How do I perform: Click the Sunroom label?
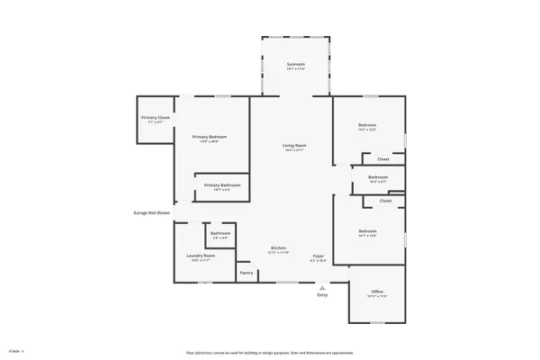click(x=295, y=65)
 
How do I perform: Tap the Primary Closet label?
click(x=155, y=118)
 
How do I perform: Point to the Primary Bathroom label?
click(x=222, y=185)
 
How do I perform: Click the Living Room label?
click(x=295, y=146)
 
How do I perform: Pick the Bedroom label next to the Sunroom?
click(x=366, y=125)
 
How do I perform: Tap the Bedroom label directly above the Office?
click(x=366, y=233)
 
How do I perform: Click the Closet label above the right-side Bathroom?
click(x=383, y=159)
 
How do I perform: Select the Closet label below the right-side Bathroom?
click(x=385, y=201)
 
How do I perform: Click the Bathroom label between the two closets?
click(x=377, y=177)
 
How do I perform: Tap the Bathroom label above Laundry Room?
click(x=220, y=234)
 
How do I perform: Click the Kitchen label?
click(x=279, y=248)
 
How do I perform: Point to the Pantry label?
click(x=246, y=273)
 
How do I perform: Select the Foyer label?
click(x=319, y=256)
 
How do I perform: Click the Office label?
click(x=378, y=292)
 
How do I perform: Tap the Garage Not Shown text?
click(x=146, y=213)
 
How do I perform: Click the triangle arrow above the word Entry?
click(x=321, y=286)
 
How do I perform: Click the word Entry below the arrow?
click(x=322, y=295)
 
